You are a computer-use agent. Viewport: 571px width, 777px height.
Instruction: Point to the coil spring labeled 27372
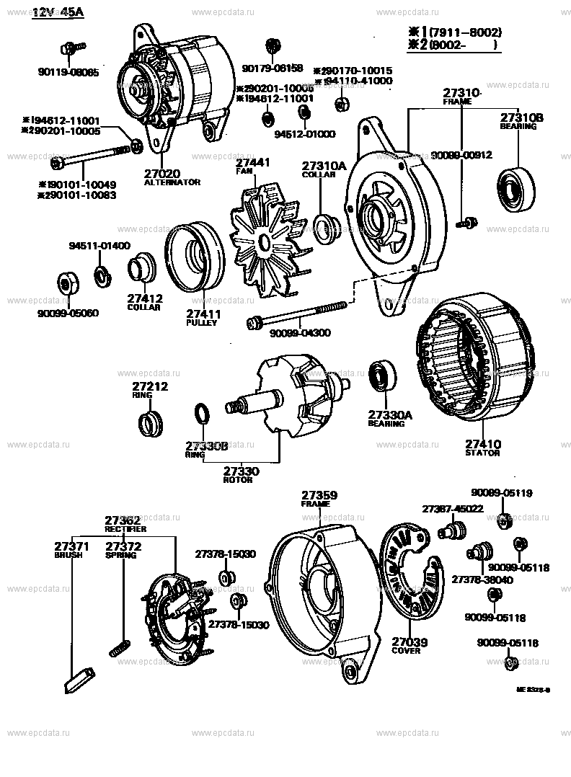click(120, 647)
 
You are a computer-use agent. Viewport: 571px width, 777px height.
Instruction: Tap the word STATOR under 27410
click(482, 453)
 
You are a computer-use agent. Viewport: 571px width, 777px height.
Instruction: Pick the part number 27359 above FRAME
click(319, 495)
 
